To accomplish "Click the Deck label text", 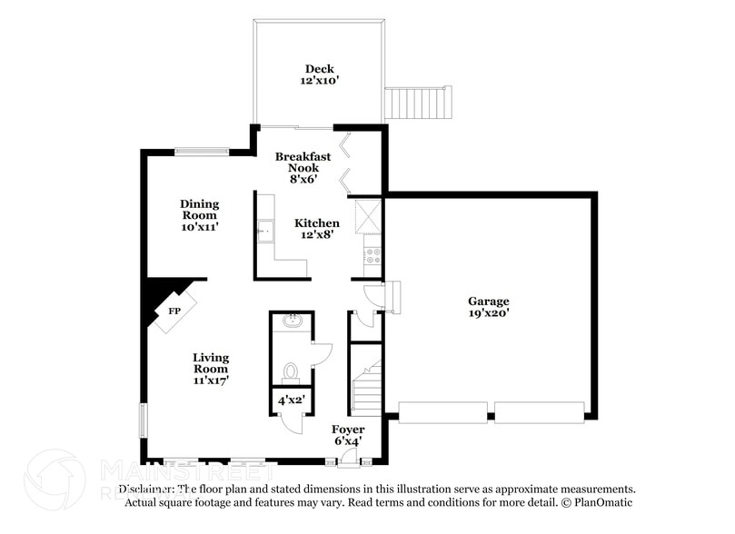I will (319, 69).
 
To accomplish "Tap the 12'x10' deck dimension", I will (319, 81).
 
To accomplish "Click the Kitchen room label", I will (317, 223).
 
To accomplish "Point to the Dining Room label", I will (199, 210).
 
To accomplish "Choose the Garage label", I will (488, 302).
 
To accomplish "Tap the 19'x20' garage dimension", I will (488, 313).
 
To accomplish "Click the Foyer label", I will (348, 430).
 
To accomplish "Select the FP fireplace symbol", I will (174, 311).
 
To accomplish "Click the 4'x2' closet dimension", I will (291, 399).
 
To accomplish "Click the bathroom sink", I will (292, 321).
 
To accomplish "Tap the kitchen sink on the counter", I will (265, 231).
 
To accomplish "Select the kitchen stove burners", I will (372, 255).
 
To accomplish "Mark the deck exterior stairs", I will (417, 103).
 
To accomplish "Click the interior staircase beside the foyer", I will (366, 386).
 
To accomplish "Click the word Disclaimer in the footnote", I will (145, 489).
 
